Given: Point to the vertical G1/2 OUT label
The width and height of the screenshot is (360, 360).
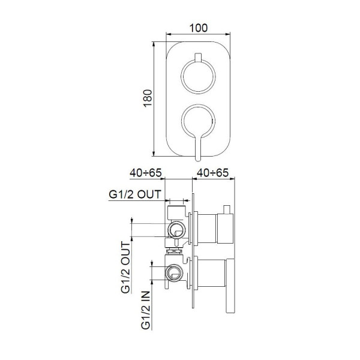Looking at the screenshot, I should point(125,268).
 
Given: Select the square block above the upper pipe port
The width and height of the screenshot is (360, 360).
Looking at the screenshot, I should point(176,211).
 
